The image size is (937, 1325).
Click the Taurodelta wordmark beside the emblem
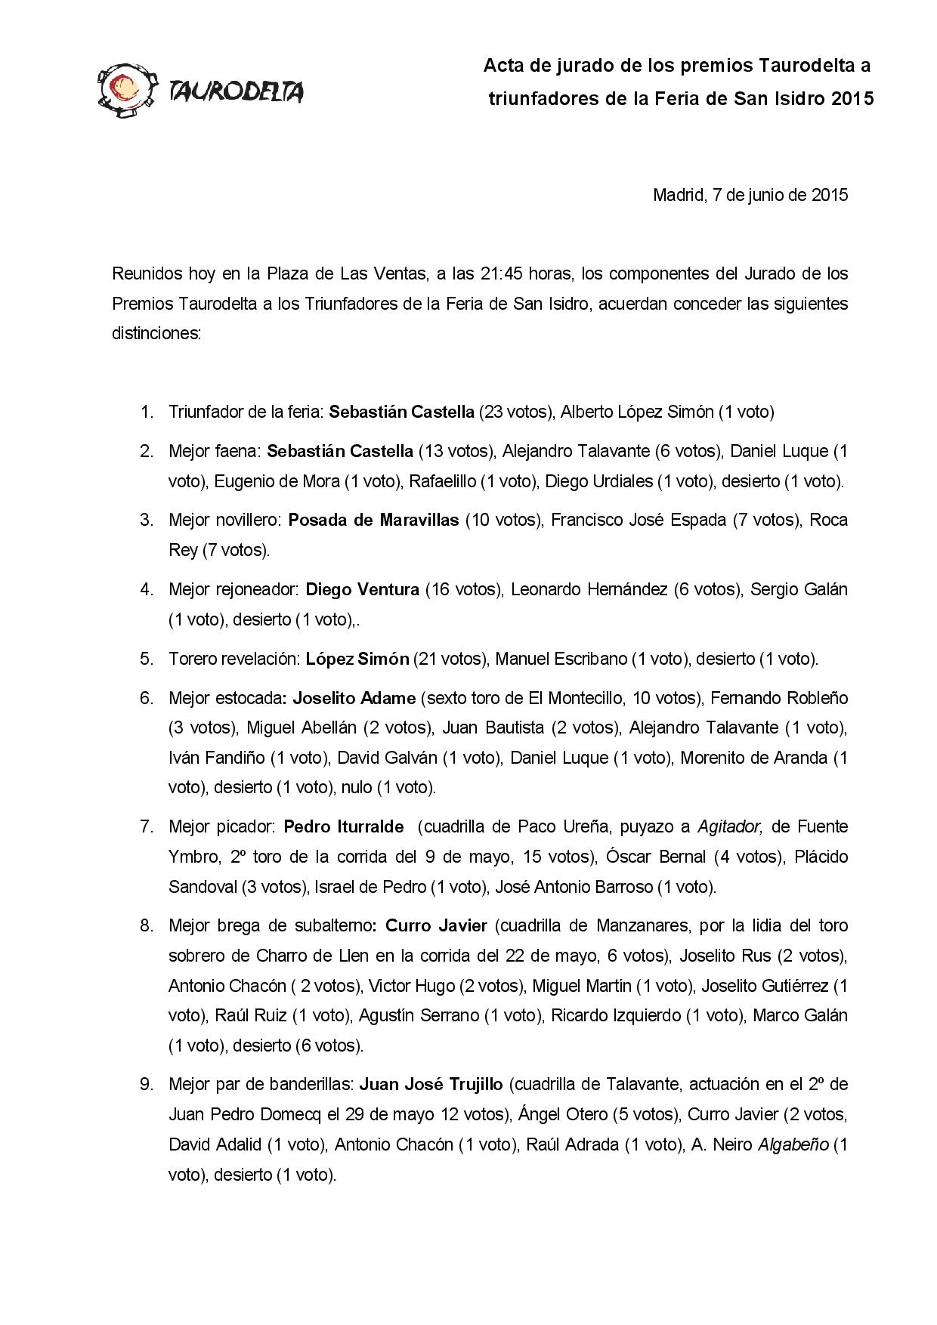(x=237, y=92)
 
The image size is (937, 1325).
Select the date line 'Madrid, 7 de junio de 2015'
(x=750, y=195)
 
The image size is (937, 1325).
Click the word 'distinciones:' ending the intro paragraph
(x=156, y=333)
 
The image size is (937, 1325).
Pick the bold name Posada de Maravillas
(x=373, y=520)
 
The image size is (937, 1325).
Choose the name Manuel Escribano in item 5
(x=560, y=659)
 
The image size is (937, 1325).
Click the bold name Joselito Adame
(x=354, y=697)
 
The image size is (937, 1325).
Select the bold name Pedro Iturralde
(x=343, y=826)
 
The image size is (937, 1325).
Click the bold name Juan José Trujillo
(x=431, y=1084)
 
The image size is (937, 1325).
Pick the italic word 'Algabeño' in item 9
(x=792, y=1144)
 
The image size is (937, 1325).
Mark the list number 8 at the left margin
(x=146, y=925)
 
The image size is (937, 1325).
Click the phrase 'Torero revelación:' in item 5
(x=234, y=659)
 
